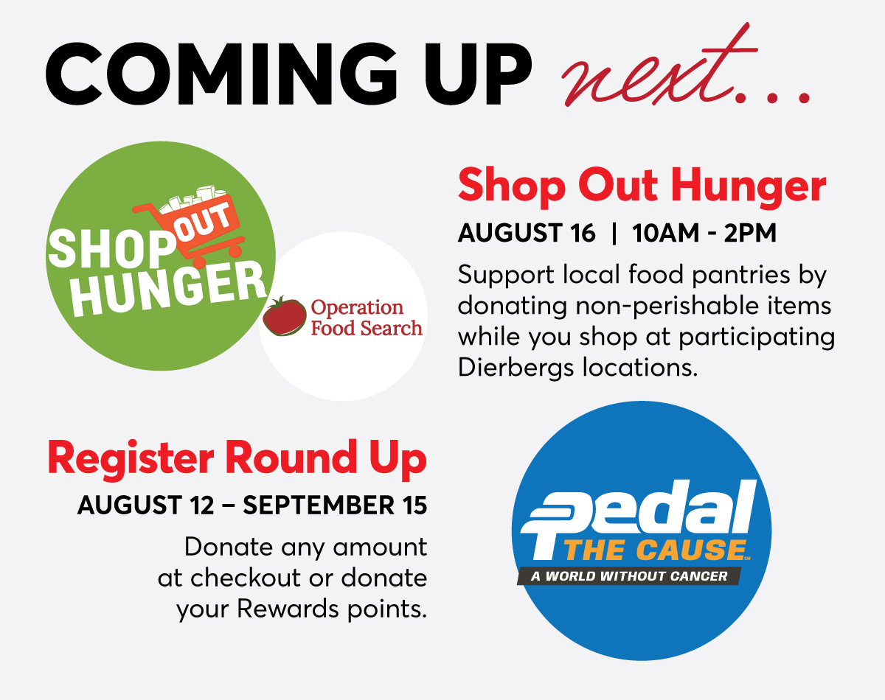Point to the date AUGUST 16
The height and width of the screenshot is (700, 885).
526,233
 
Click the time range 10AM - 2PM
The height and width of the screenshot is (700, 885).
704,233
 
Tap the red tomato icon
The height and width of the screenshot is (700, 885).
285,315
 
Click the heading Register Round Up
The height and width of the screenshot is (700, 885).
237,458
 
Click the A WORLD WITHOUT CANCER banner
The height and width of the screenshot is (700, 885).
628,575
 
